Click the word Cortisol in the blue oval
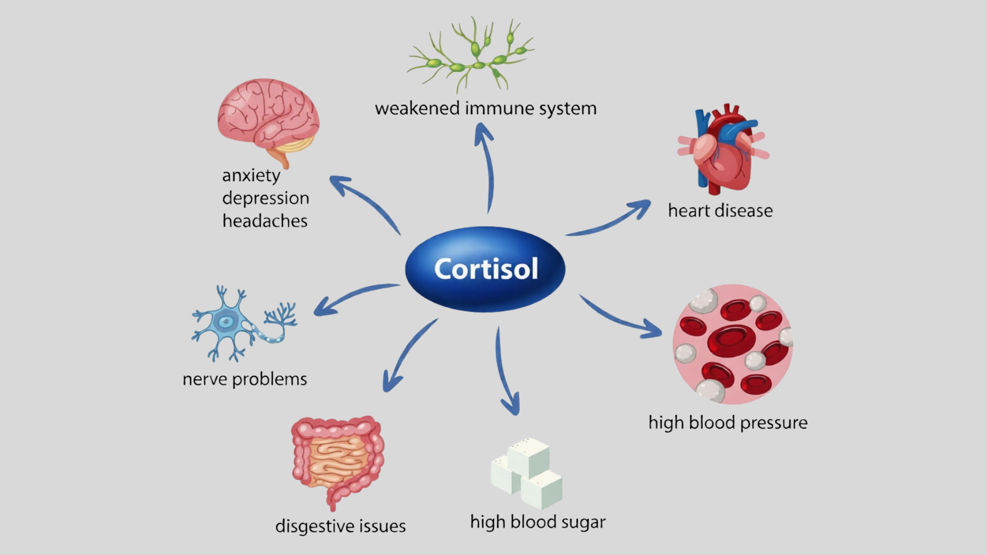(x=486, y=269)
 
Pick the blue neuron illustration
(x=242, y=324)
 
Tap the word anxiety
(x=251, y=176)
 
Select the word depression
(x=266, y=198)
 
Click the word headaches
(x=265, y=221)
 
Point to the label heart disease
(x=720, y=211)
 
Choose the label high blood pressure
(x=728, y=423)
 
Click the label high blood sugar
(x=538, y=522)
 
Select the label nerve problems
(x=245, y=379)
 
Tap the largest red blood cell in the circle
(x=731, y=340)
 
